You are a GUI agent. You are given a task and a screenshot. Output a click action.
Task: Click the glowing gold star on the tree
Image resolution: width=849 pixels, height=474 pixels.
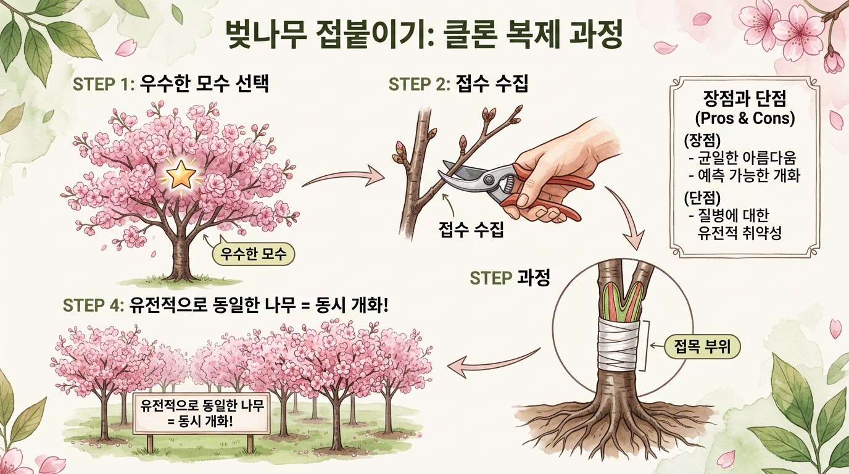click(181, 175)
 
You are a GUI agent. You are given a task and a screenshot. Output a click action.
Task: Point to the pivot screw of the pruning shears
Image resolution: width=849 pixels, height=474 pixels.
click(489, 178)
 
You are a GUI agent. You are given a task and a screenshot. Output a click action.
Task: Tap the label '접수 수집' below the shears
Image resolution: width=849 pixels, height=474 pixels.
click(471, 231)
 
